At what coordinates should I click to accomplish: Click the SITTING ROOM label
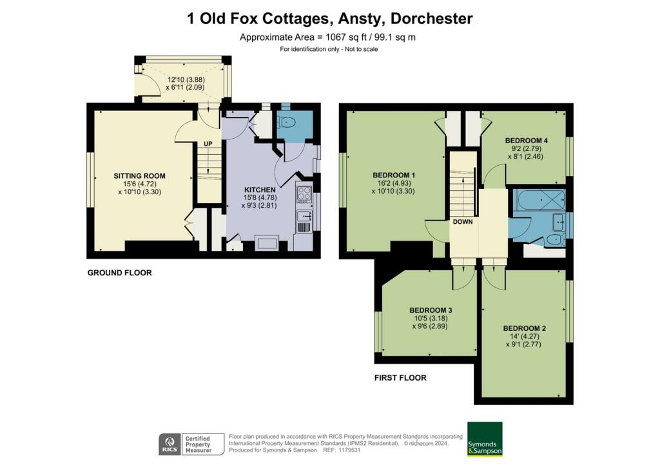click(139, 176)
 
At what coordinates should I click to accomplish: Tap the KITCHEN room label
click(260, 190)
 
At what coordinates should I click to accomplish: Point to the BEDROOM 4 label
click(526, 141)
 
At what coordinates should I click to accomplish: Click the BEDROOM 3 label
click(431, 310)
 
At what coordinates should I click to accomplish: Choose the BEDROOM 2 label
click(525, 328)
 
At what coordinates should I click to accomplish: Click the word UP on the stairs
click(208, 144)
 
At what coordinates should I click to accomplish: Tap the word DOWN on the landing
click(463, 222)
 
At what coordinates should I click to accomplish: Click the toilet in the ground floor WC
click(287, 122)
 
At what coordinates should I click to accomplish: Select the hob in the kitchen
click(304, 194)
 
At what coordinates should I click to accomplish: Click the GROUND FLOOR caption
click(119, 273)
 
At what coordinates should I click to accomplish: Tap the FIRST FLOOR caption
click(400, 378)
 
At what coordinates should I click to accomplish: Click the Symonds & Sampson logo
click(485, 439)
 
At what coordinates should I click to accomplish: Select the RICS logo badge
click(170, 444)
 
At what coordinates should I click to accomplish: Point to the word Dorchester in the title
click(431, 19)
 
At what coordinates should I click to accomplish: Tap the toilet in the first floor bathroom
click(555, 241)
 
